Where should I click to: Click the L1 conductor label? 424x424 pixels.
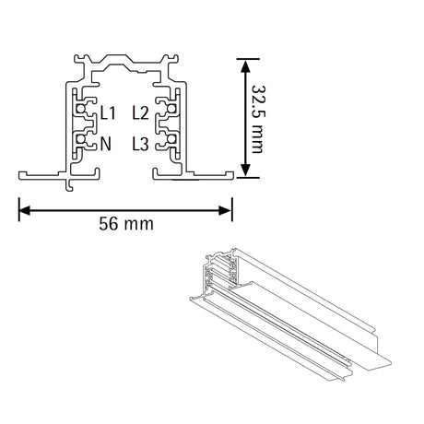click(108, 112)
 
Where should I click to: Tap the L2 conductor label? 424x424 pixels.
click(140, 112)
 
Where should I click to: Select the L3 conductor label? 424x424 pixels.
click(140, 144)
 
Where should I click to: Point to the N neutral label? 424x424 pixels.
click(105, 144)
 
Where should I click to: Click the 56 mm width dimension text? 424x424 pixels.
click(126, 224)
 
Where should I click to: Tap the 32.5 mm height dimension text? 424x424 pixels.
click(258, 119)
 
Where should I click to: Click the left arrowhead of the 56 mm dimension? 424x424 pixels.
click(25, 210)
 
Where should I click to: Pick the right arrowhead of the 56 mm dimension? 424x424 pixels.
click(225, 210)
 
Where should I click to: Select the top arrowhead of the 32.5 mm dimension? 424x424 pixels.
click(245, 65)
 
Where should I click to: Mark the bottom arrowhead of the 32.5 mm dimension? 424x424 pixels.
click(245, 171)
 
